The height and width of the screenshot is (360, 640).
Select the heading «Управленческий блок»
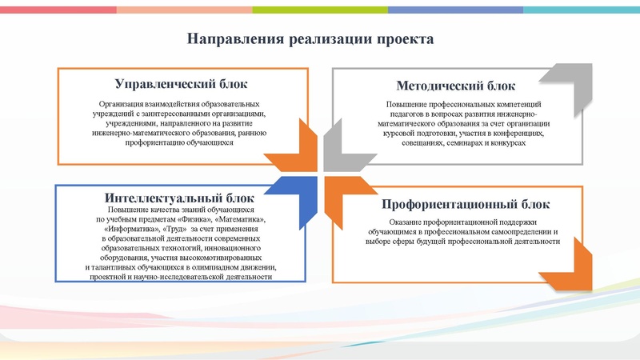point(181,84)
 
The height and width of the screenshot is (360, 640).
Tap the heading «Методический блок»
point(455,86)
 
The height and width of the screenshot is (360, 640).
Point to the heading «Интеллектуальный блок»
point(179,198)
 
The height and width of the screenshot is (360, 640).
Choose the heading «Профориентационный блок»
point(465,204)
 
